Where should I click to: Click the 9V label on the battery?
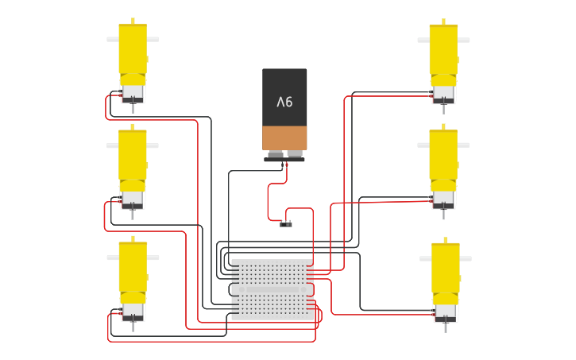(x=284, y=102)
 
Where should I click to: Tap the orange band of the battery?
(x=284, y=138)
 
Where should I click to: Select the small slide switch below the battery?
(x=286, y=224)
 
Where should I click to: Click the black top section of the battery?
(x=284, y=97)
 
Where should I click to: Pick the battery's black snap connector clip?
(x=284, y=160)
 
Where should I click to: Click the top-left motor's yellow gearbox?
(x=133, y=52)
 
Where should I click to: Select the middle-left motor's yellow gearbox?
(x=133, y=158)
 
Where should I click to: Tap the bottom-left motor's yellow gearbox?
(x=133, y=270)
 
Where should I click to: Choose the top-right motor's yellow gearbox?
(x=444, y=52)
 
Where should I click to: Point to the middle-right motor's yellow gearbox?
(x=443, y=158)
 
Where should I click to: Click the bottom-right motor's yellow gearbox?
(x=446, y=271)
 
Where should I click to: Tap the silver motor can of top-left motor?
(x=133, y=91)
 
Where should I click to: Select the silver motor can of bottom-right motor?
(x=445, y=312)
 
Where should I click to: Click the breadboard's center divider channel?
(x=273, y=289)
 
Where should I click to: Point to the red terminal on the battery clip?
(x=287, y=165)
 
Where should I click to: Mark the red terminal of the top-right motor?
(x=431, y=96)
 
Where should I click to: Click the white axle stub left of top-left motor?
(x=113, y=39)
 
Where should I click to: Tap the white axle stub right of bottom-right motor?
(x=466, y=258)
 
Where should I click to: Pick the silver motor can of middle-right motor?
(x=443, y=198)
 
